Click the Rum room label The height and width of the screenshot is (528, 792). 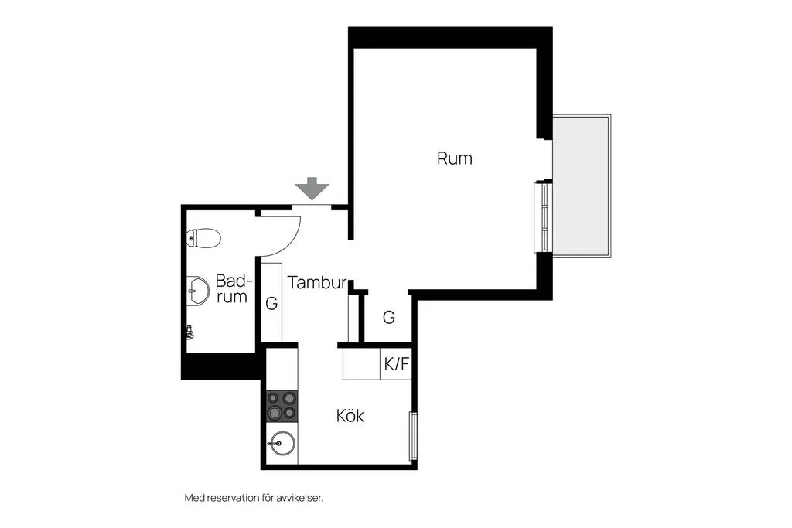click(455, 158)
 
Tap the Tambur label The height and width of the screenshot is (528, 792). click(317, 282)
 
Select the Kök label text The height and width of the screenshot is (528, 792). click(350, 415)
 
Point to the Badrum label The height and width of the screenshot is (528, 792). click(233, 288)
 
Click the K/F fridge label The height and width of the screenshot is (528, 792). click(397, 363)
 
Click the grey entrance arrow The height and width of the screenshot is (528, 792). click(312, 189)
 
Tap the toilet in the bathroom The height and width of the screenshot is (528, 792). click(203, 238)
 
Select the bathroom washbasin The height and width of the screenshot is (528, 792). click(198, 291)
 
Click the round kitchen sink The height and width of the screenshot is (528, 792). click(282, 444)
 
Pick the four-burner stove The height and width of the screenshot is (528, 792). click(282, 406)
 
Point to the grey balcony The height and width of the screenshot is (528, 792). click(582, 186)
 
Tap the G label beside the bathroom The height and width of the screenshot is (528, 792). click(271, 303)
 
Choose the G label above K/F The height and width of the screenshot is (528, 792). click(388, 317)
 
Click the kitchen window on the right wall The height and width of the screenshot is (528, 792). click(413, 436)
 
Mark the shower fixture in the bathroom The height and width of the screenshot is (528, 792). click(190, 332)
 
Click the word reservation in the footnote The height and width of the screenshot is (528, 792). click(230, 498)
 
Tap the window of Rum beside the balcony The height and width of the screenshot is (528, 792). click(543, 217)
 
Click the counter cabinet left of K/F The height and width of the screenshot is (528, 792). click(361, 363)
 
